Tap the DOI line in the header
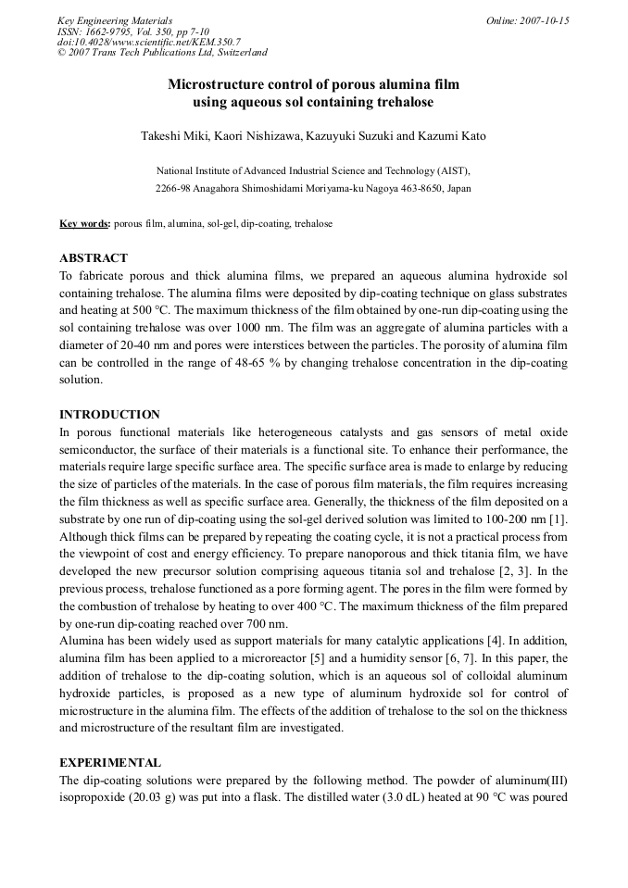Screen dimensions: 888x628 click(x=149, y=42)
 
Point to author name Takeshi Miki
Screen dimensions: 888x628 click(x=174, y=137)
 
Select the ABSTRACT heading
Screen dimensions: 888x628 click(x=94, y=258)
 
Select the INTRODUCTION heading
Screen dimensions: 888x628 click(x=109, y=415)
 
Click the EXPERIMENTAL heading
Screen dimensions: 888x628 click(x=110, y=763)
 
